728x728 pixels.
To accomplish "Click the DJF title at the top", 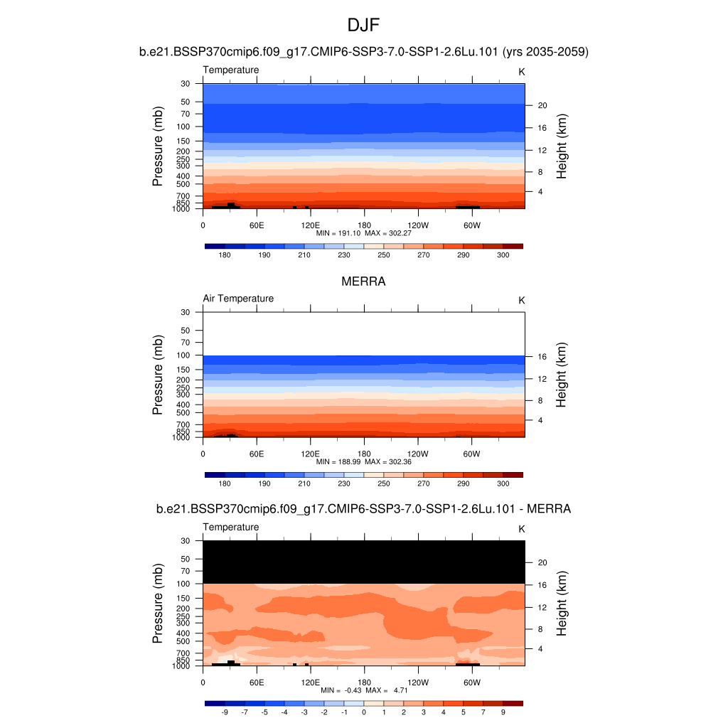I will pos(363,26).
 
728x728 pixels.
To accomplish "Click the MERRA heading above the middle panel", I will pos(363,282).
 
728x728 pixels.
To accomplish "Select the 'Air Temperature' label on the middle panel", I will pos(238,299).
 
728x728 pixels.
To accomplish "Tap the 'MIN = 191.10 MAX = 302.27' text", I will pos(363,233).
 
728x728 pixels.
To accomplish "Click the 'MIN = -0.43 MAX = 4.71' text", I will pos(363,690).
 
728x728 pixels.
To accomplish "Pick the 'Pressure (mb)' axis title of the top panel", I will pos(158,146).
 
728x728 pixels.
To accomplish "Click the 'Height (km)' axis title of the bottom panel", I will pos(562,604).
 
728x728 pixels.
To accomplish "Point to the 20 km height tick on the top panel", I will pos(542,105).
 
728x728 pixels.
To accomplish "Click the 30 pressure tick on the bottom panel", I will pos(186,540).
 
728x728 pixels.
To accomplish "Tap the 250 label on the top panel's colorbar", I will pos(384,255).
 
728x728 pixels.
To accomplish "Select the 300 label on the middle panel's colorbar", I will pos(503,483).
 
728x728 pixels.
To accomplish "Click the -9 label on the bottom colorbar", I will pos(225,712).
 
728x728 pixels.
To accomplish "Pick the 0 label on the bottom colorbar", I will pos(364,712).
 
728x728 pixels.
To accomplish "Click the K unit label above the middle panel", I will pos(521,300).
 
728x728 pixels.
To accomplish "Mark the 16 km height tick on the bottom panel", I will pos(542,584).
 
